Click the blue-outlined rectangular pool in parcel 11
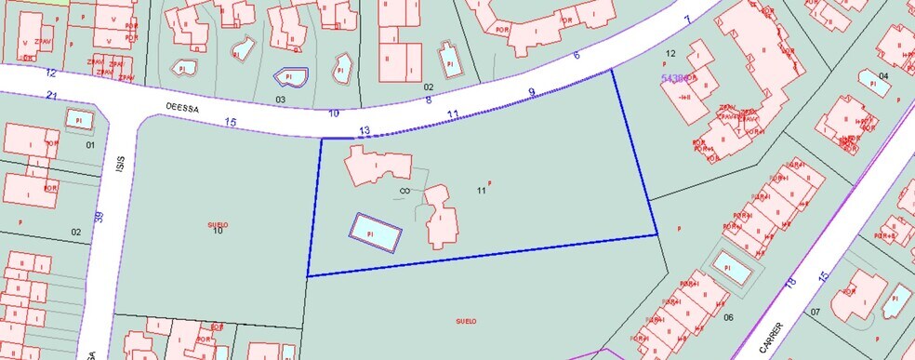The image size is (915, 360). pyautogui.click(x=376, y=233)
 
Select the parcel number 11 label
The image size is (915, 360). pyautogui.click(x=481, y=191)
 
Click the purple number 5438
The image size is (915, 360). pyautogui.click(x=674, y=80)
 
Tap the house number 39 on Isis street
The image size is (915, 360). pyautogui.click(x=98, y=218)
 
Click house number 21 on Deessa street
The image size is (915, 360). pyautogui.click(x=52, y=96)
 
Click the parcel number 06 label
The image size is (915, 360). pyautogui.click(x=728, y=317)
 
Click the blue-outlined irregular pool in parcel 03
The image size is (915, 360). pyautogui.click(x=289, y=77)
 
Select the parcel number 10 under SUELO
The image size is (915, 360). pyautogui.click(x=218, y=231)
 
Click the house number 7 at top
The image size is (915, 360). pyautogui.click(x=687, y=19)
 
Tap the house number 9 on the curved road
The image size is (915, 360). pyautogui.click(x=531, y=91)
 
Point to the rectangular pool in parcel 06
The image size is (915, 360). pyautogui.click(x=731, y=268)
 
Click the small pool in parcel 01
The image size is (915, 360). pyautogui.click(x=79, y=120)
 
